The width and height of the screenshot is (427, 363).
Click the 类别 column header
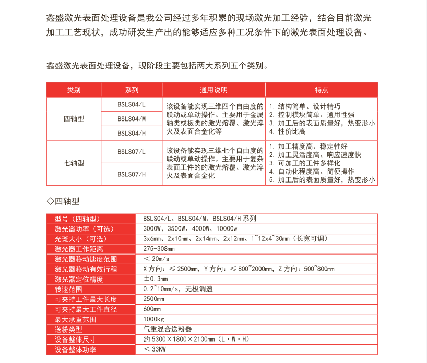tap(74, 90)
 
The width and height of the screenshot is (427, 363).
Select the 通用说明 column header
tap(214, 90)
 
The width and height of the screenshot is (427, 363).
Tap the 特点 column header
tap(322, 90)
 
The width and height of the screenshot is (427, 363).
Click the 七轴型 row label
tap(74, 163)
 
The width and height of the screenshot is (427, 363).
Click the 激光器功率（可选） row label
tap(84, 229)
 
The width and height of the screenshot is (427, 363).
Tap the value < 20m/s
tap(157, 259)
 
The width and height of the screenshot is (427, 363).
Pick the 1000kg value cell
tap(153, 319)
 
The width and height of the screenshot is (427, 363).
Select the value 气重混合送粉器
tap(168, 329)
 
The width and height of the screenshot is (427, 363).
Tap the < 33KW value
tap(155, 349)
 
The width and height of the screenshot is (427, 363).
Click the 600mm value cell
tap(152, 309)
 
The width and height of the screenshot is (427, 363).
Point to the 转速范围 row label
tap(68, 289)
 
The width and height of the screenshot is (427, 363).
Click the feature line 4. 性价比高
tap(287, 132)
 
